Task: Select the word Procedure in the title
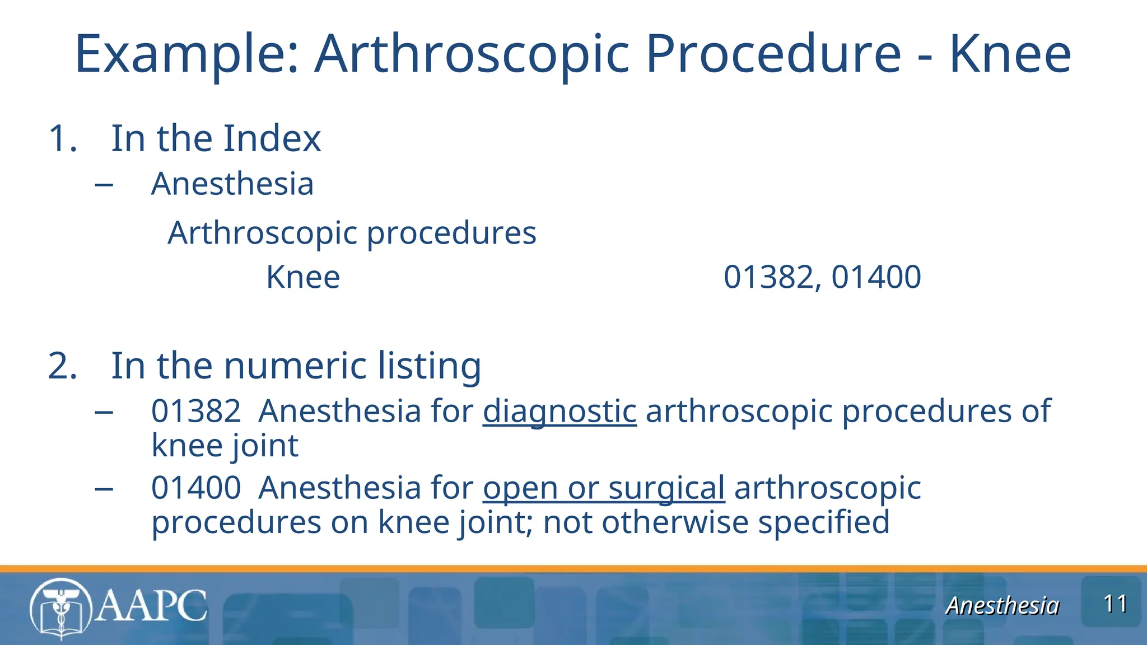(x=773, y=54)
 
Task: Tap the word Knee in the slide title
(x=1010, y=54)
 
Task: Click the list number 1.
(x=62, y=138)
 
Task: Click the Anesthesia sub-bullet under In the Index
(x=232, y=184)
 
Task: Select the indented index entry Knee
(x=303, y=277)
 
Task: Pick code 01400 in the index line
(x=876, y=277)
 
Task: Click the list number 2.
(x=62, y=366)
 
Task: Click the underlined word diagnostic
(x=559, y=411)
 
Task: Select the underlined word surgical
(x=666, y=488)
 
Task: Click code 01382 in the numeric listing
(x=196, y=411)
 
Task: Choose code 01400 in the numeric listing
(x=196, y=488)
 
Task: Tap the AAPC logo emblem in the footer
(x=60, y=608)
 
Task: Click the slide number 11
(x=1115, y=604)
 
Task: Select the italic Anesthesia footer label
(x=1002, y=606)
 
